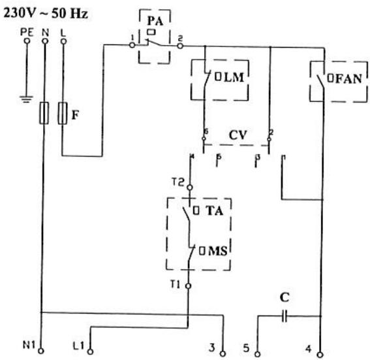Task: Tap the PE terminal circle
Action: (x=27, y=41)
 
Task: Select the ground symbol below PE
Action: (x=27, y=100)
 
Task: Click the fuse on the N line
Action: (x=45, y=114)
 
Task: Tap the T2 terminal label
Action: (x=179, y=183)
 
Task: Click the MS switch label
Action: (x=216, y=250)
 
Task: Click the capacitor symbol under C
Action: (x=285, y=315)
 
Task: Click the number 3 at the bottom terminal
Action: (x=212, y=347)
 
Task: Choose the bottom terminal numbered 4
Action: (x=320, y=353)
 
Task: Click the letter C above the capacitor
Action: (x=285, y=297)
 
